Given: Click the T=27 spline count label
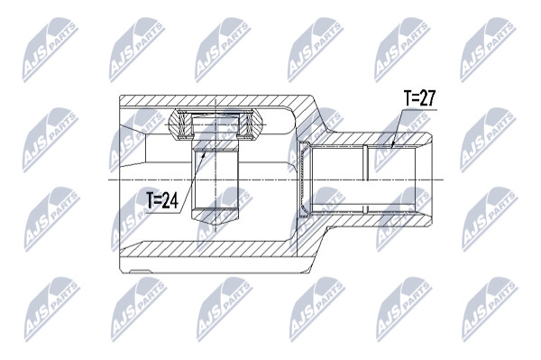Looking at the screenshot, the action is click(x=420, y=98).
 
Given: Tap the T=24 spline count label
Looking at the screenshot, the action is click(x=162, y=200).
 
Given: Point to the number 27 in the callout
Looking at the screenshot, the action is click(x=428, y=98).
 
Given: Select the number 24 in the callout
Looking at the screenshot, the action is click(x=170, y=200).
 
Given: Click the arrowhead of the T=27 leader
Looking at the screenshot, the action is click(x=393, y=143).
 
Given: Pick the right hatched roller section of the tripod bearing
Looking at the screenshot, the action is click(x=252, y=125).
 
